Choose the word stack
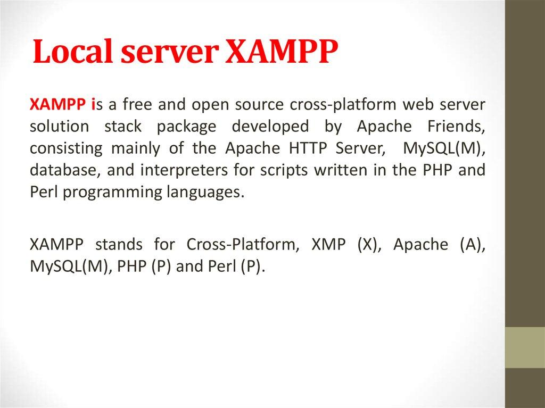[123, 127]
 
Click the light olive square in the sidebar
[525, 347]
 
